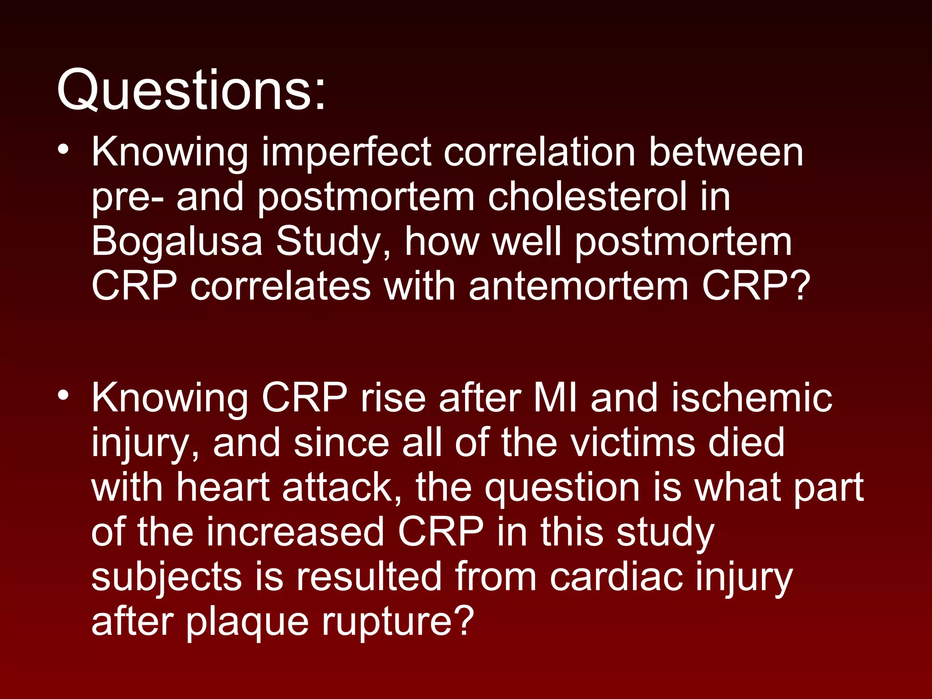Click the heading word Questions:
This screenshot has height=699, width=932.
coord(191,90)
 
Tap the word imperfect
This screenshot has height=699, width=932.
coord(346,153)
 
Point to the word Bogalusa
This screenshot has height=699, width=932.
coord(177,242)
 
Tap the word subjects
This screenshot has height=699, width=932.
coord(166,577)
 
